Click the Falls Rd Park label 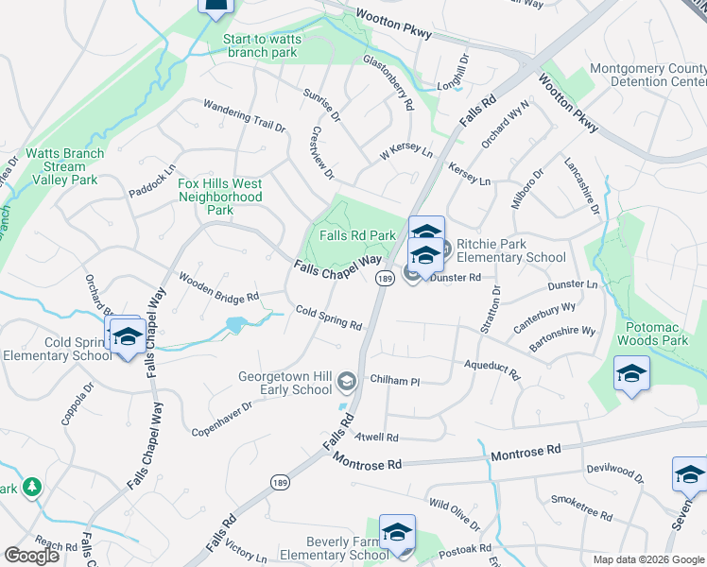[x=357, y=235]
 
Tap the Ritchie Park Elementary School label [x=511, y=250]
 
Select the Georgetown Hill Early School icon [x=346, y=381]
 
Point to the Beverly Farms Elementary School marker [x=397, y=532]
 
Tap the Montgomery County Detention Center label [x=647, y=76]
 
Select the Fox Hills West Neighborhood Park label [x=220, y=197]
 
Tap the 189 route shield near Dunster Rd [x=384, y=279]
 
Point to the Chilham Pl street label [x=395, y=381]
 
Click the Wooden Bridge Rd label [x=218, y=287]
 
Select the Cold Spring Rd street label [x=328, y=318]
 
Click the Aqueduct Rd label [x=491, y=369]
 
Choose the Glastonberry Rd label [x=388, y=83]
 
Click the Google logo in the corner [x=31, y=555]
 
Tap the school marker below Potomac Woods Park [x=630, y=374]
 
